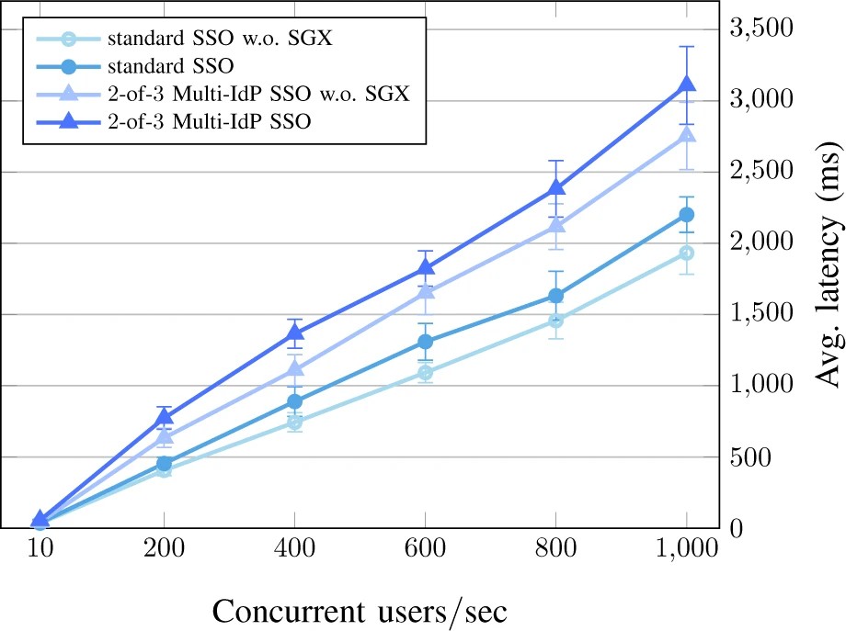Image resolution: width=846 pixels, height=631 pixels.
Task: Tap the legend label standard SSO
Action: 168,66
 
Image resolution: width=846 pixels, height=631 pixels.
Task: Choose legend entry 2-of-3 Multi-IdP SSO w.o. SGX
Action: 257,95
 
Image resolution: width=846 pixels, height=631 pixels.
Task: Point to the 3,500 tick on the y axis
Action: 760,28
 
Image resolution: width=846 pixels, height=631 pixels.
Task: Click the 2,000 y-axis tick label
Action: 760,242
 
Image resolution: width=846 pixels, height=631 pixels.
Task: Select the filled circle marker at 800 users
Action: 555,295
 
